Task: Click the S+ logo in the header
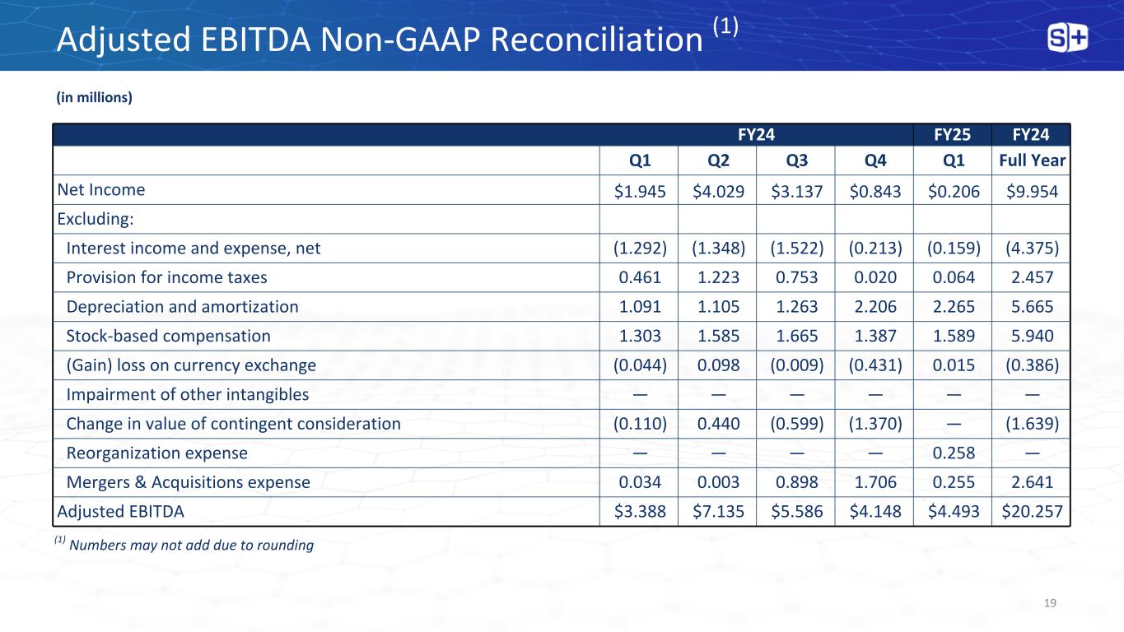click(x=1068, y=38)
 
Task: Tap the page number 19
click(x=1049, y=603)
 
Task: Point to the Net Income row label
click(x=101, y=190)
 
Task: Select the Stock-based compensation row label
click(x=168, y=336)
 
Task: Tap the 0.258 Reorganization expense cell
click(x=953, y=453)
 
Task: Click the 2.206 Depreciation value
click(x=874, y=307)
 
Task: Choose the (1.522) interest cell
click(x=795, y=249)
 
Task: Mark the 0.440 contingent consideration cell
click(x=717, y=424)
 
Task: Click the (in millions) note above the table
click(x=94, y=98)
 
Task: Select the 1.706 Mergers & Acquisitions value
click(x=874, y=482)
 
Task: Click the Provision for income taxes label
click(x=166, y=278)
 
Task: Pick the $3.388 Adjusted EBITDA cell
click(x=639, y=512)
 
